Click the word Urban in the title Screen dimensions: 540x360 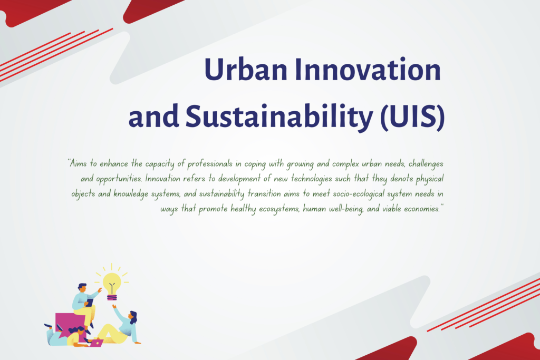(x=246, y=69)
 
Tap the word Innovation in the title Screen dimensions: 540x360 (x=368, y=69)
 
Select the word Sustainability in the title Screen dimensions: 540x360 (x=279, y=116)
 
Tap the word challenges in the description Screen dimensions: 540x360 (x=426, y=164)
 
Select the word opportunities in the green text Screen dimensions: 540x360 (x=119, y=179)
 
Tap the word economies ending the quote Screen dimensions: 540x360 (x=422, y=209)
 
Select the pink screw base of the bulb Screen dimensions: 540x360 (x=112, y=297)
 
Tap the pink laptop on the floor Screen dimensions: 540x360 (x=97, y=343)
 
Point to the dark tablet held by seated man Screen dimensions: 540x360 (x=89, y=303)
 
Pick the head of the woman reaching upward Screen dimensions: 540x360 (x=133, y=316)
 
